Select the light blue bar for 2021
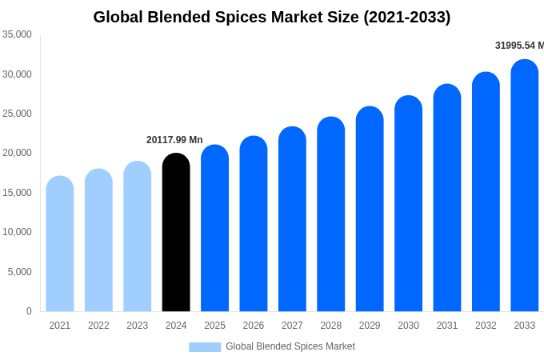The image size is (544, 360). tap(60, 244)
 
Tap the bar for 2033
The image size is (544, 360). tap(525, 186)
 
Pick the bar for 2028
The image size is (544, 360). tap(331, 214)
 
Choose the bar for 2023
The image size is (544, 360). tap(138, 236)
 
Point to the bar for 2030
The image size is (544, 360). tap(409, 204)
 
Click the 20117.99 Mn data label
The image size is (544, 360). tap(174, 140)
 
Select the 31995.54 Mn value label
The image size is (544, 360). tap(519, 46)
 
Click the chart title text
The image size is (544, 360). tap(272, 17)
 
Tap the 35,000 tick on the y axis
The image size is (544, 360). tap(18, 34)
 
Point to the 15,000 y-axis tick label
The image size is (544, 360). tap(18, 193)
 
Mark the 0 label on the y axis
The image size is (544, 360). tap(29, 311)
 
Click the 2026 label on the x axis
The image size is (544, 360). tap(254, 326)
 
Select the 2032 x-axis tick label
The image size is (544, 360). tap(486, 326)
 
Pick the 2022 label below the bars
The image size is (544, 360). tap(98, 326)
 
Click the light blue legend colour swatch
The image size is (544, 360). tap(205, 347)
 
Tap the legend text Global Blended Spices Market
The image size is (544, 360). tap(290, 346)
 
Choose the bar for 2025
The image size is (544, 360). tap(214, 228)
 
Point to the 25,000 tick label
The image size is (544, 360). tap(18, 114)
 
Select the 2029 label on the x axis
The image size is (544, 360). tap(370, 326)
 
